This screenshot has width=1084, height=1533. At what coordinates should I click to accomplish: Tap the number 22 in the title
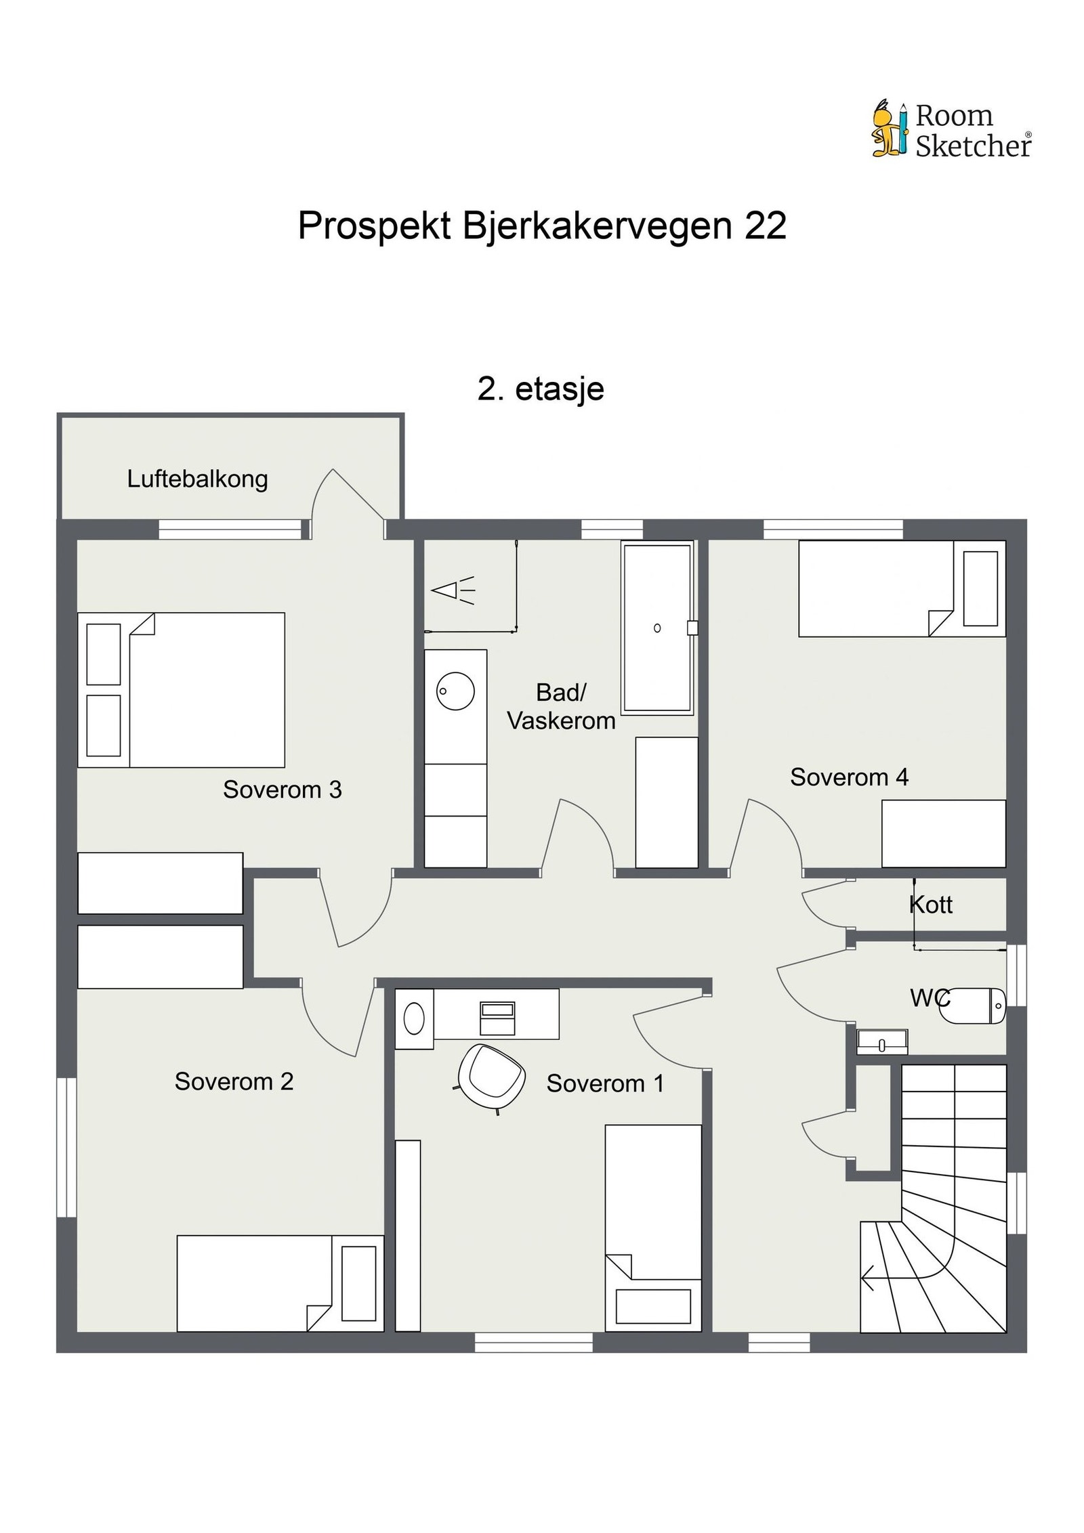coord(766,225)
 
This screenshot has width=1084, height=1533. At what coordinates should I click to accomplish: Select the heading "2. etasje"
coord(541,389)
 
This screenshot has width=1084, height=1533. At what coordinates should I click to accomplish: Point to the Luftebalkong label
coord(198,479)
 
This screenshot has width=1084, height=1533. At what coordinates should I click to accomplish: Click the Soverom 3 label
coord(283,790)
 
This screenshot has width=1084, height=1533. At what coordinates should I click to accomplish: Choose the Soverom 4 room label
coord(849,777)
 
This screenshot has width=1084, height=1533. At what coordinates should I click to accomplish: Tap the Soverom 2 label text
coord(234,1081)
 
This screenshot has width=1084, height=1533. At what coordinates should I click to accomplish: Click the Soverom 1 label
coord(605,1083)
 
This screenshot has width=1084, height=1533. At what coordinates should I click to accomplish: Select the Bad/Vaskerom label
coord(561,706)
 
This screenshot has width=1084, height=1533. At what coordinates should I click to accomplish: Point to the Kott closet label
coord(931,905)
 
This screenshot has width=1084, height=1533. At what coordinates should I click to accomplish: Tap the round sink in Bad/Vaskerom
coord(455,691)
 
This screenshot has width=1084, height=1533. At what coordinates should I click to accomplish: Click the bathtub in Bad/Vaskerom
coord(657,628)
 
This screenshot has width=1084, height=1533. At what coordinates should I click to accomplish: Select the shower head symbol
coord(453,590)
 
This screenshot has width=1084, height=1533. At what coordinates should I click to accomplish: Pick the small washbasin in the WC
coord(881,1042)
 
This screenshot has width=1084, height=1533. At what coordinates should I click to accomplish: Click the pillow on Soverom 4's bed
coord(980,588)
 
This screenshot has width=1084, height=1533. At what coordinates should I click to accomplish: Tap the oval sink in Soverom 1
coord(414,1018)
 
